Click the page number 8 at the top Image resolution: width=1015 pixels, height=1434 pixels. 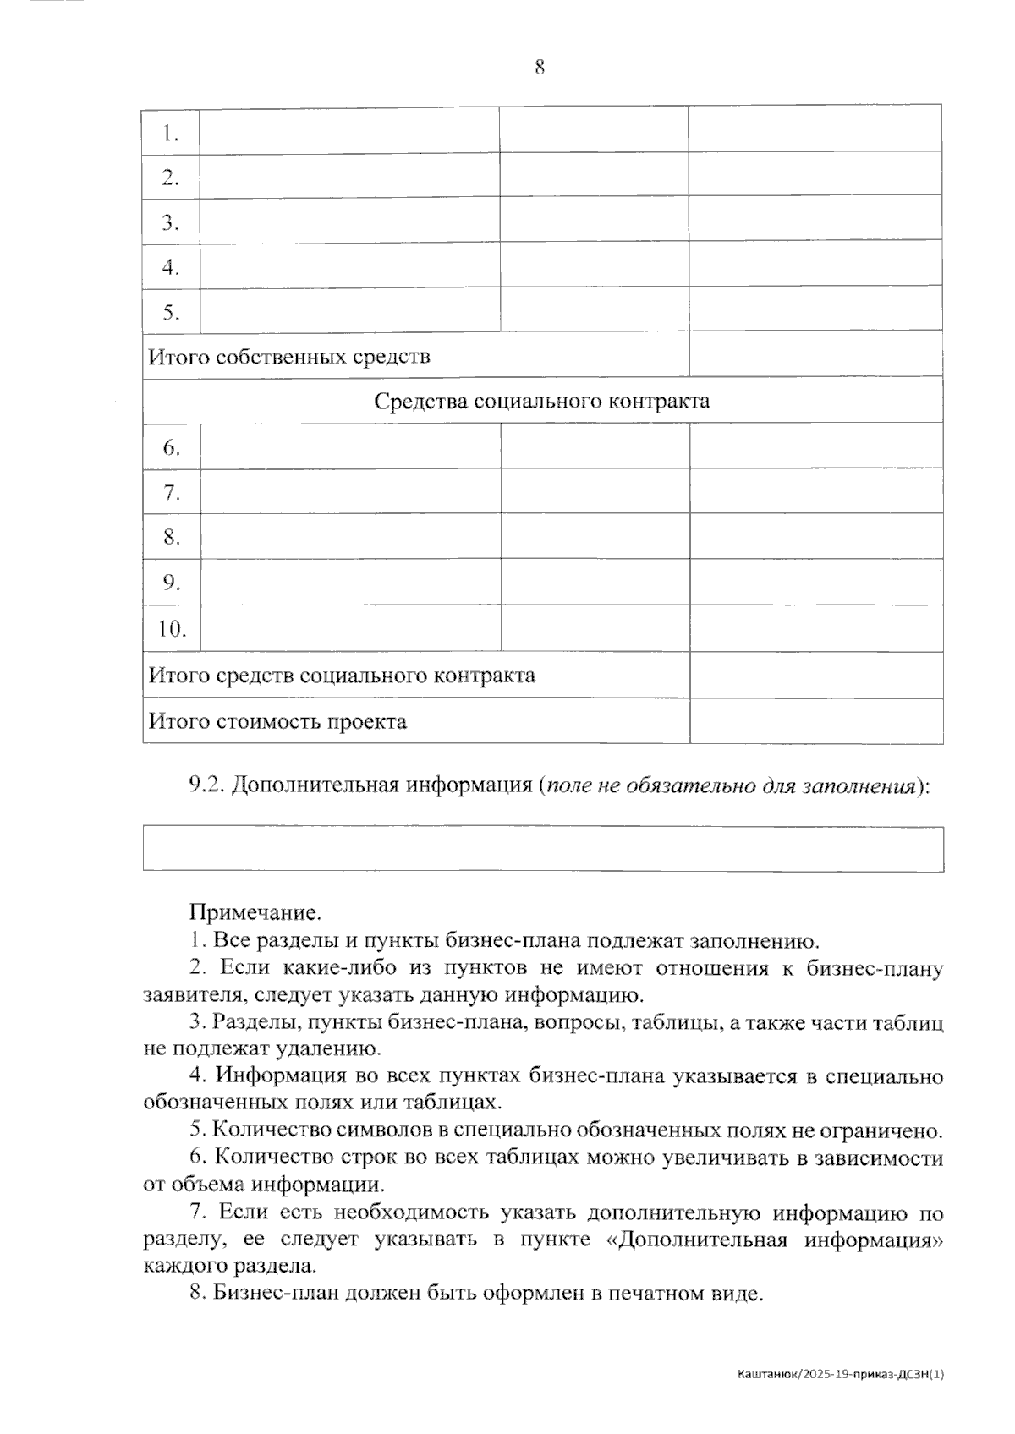(540, 68)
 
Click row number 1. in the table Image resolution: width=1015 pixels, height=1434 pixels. (171, 133)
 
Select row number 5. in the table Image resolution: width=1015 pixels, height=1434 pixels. (171, 313)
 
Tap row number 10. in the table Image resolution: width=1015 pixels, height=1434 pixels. (173, 629)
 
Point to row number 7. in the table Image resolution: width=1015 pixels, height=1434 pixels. (172, 492)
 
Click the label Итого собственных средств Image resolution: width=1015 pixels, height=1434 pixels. (289, 357)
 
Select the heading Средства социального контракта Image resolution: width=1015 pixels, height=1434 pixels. (542, 401)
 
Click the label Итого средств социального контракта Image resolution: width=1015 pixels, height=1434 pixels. (342, 676)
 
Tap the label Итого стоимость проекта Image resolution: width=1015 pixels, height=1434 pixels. (277, 722)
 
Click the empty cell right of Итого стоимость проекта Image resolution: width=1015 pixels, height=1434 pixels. (816, 721)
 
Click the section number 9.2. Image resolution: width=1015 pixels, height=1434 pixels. (206, 785)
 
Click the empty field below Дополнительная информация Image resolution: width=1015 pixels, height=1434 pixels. (542, 849)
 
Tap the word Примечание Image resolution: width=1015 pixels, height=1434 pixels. (255, 913)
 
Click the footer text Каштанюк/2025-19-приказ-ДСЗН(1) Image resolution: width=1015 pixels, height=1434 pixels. (841, 1375)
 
